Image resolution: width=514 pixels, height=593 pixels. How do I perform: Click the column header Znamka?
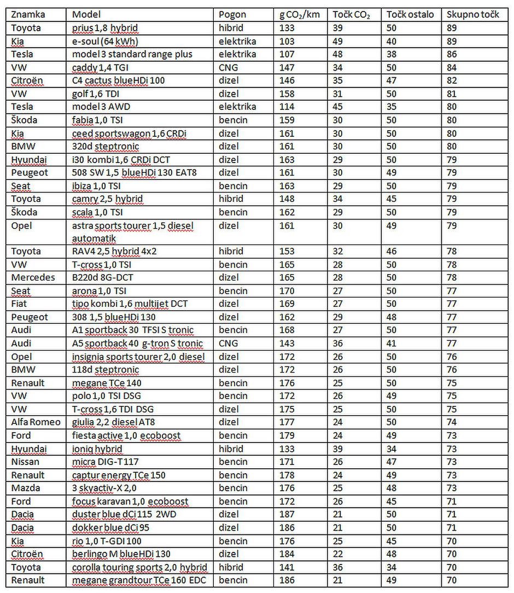click(x=28, y=15)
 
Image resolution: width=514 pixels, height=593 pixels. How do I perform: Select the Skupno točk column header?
click(x=472, y=15)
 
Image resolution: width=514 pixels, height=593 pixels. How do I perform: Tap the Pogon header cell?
click(x=232, y=15)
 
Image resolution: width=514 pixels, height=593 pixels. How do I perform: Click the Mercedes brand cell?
click(x=33, y=277)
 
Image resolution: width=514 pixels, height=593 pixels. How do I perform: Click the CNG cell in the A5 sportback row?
click(x=229, y=344)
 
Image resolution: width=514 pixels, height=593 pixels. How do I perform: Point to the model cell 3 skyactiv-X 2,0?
click(x=104, y=488)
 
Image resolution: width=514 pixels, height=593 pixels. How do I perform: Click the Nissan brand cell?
click(x=26, y=462)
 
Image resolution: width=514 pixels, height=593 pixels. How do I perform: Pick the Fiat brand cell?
click(x=21, y=304)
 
